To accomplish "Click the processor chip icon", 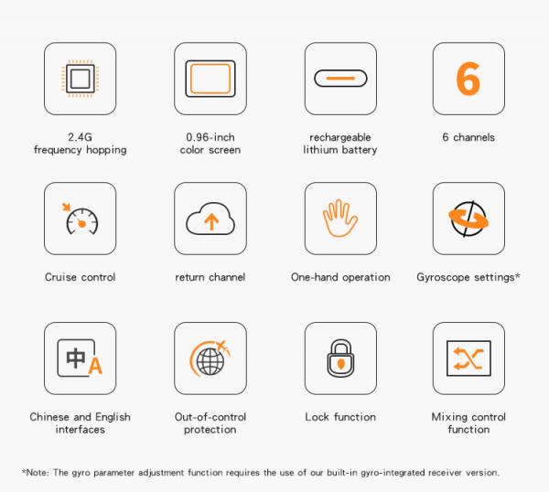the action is coord(81,79).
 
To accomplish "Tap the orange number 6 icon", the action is coord(468,79).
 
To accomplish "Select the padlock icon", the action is coord(340,358).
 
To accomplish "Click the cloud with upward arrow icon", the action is coord(210,219).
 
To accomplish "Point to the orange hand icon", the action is coord(340,218).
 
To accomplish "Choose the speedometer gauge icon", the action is coord(81,219).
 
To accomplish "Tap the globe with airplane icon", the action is coord(210,358).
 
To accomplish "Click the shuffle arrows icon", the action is coord(468,358).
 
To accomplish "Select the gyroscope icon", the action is coord(468,219).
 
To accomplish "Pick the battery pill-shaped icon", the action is coord(340,79).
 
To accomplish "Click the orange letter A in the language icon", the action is coord(95,366).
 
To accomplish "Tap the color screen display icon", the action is coord(210,79).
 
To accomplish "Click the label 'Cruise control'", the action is coord(81,277).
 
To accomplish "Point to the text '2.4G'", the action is coord(81,137).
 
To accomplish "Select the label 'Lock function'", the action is coord(340,417).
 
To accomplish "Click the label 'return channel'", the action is coord(210,277).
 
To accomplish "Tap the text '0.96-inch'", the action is coord(210,137).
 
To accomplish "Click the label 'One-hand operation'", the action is coord(340,277).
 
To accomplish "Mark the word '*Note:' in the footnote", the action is coord(36,473).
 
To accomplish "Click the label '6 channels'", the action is coord(468,137).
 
